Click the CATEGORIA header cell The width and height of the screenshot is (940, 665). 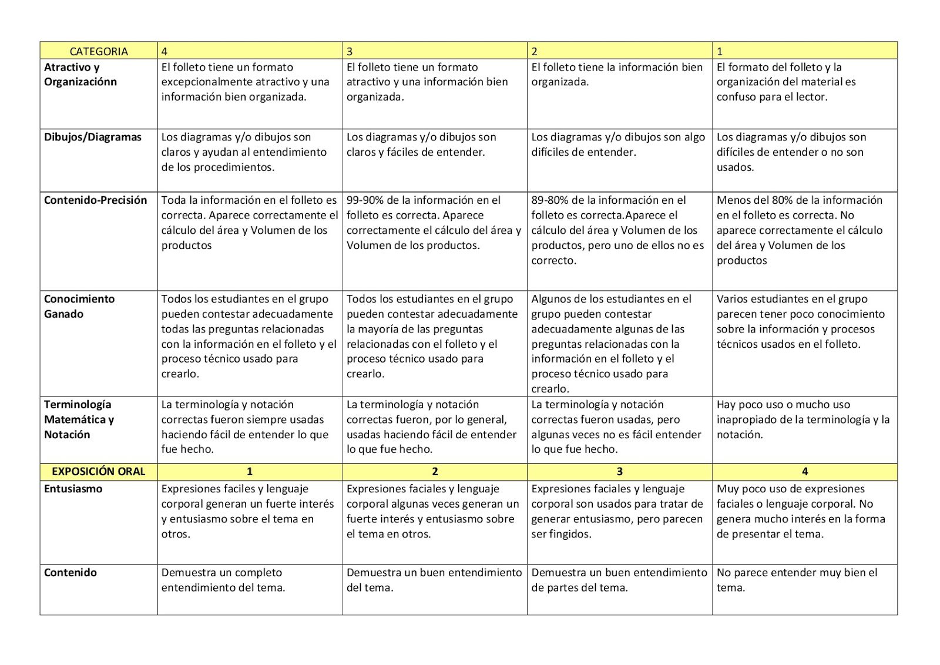pyautogui.click(x=98, y=51)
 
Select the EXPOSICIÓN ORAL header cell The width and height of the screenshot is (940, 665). pyautogui.click(x=98, y=472)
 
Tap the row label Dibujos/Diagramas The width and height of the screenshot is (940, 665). pyautogui.click(x=93, y=137)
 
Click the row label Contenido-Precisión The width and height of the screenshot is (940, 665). pyautogui.click(x=95, y=200)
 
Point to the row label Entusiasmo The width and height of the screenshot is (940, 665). pyautogui.click(x=73, y=489)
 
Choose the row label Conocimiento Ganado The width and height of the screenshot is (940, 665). pyautogui.click(x=79, y=306)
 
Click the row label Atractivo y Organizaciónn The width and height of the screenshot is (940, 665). pyautogui.click(x=80, y=75)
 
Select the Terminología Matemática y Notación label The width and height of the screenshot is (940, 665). pyautogui.click(x=79, y=419)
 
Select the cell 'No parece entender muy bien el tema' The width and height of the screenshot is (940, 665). pyautogui.click(x=797, y=580)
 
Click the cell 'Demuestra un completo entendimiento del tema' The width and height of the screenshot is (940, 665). pyautogui.click(x=223, y=580)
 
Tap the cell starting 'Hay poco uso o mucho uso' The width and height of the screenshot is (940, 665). pyautogui.click(x=803, y=419)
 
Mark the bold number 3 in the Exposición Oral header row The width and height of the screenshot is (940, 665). pyautogui.click(x=619, y=472)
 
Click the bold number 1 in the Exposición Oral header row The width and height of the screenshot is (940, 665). pyautogui.click(x=250, y=472)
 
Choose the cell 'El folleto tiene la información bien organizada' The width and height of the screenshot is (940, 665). pyautogui.click(x=617, y=75)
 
